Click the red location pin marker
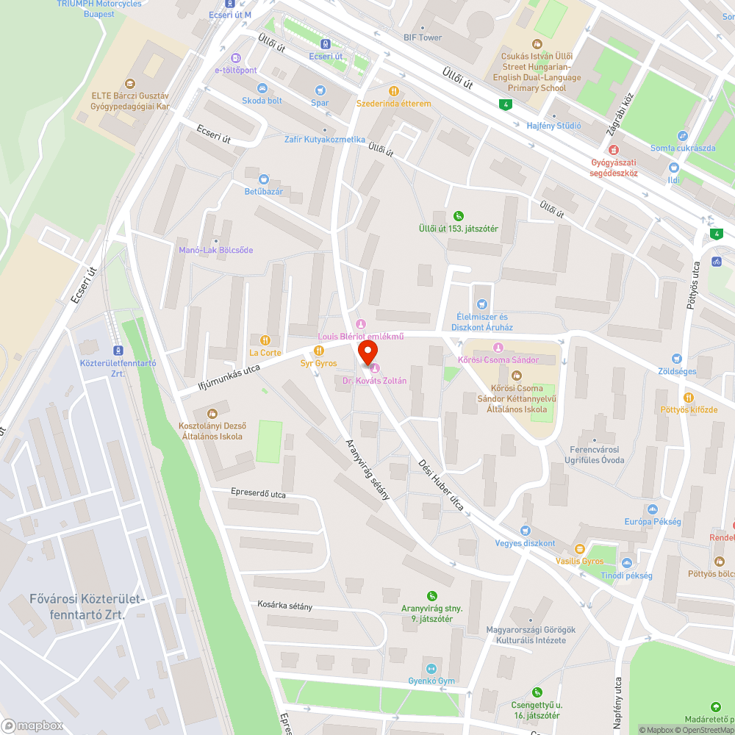[x=367, y=351]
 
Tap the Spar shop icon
[x=320, y=90]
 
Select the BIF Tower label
[x=423, y=37]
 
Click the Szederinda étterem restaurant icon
[x=394, y=91]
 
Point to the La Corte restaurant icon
[x=265, y=340]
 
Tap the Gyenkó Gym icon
[x=431, y=668]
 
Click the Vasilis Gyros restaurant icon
[x=579, y=548]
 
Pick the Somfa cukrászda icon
[x=683, y=136]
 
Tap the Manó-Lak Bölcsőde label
[x=216, y=250]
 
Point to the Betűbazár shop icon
[x=264, y=179]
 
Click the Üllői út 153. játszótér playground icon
[x=459, y=215]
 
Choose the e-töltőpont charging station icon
[x=235, y=57]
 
